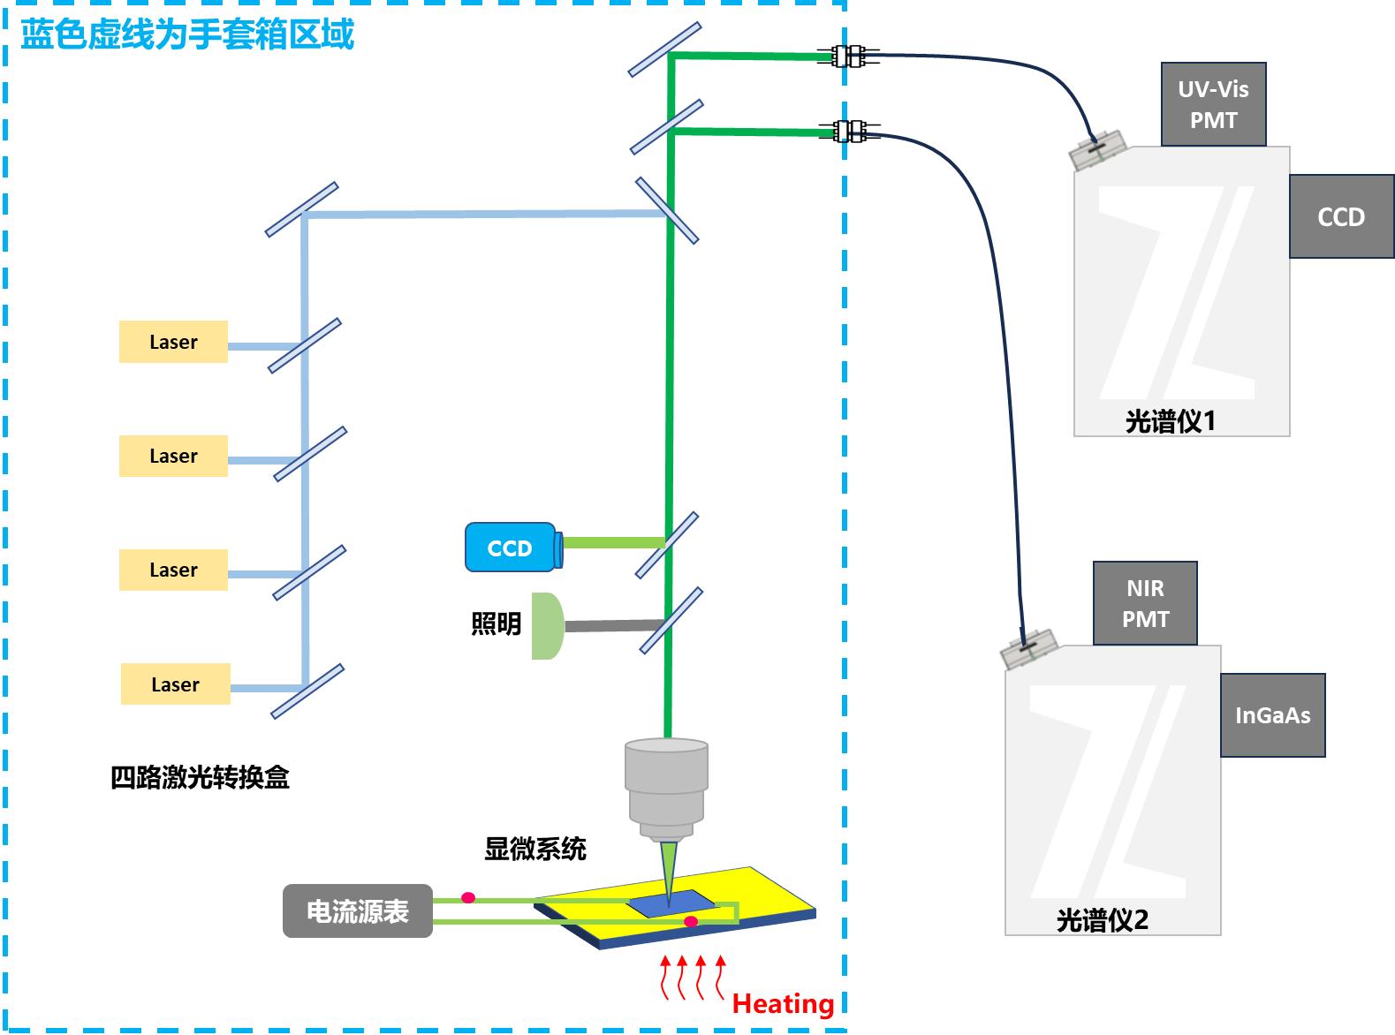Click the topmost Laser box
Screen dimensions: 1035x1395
[173, 342]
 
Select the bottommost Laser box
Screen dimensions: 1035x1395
[175, 684]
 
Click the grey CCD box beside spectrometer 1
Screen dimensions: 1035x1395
[1341, 216]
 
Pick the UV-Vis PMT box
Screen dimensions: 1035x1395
[1213, 104]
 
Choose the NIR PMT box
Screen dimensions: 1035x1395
[1145, 603]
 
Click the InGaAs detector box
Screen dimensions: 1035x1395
[1272, 715]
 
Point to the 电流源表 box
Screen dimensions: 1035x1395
[357, 911]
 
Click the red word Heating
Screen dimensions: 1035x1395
[783, 1004]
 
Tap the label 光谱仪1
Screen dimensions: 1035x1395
[1170, 421]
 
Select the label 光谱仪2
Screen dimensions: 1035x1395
[1102, 920]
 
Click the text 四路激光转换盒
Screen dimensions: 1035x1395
[200, 777]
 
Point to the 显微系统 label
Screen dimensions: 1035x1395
[534, 849]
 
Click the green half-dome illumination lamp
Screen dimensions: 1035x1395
[547, 626]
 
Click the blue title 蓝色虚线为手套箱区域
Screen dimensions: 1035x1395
[186, 35]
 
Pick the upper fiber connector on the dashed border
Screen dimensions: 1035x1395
[848, 57]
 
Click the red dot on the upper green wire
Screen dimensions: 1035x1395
[468, 898]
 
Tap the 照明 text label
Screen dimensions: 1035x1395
[496, 624]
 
